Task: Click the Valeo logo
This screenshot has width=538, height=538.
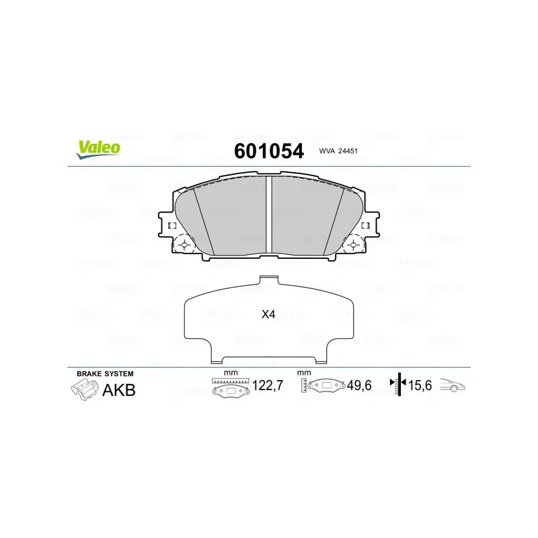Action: pyautogui.click(x=98, y=149)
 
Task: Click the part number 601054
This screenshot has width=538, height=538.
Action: pyautogui.click(x=269, y=151)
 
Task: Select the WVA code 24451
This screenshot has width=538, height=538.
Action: pyautogui.click(x=348, y=151)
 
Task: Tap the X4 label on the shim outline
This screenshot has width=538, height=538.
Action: pyautogui.click(x=268, y=314)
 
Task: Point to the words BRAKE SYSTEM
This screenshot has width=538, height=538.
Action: pyautogui.click(x=105, y=374)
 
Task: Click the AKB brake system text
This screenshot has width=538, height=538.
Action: pyautogui.click(x=119, y=390)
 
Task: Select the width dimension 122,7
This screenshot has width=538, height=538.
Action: pyautogui.click(x=268, y=385)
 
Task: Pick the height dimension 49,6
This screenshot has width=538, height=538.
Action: pyautogui.click(x=359, y=385)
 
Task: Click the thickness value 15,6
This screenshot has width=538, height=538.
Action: pyautogui.click(x=420, y=385)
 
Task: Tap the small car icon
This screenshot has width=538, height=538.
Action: pyautogui.click(x=453, y=385)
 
